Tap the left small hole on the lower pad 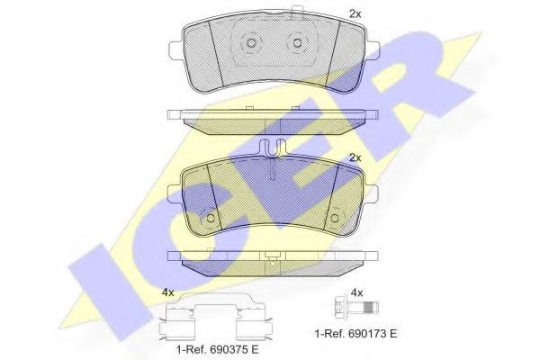click(x=210, y=217)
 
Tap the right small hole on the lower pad click(x=337, y=217)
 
